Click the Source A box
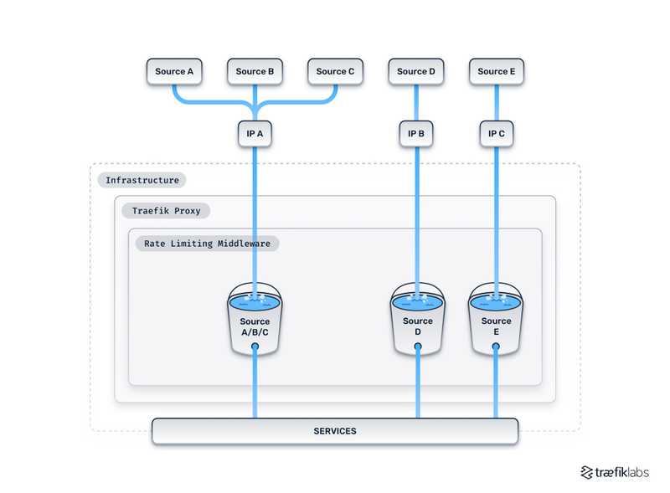(x=174, y=72)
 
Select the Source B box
(x=255, y=72)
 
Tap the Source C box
(x=335, y=72)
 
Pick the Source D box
(x=416, y=72)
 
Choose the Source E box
(x=497, y=72)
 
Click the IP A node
(x=255, y=133)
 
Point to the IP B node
(x=416, y=133)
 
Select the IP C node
(x=497, y=133)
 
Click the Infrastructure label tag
(x=142, y=180)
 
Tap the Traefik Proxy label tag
(x=166, y=211)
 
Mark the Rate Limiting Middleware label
(x=206, y=244)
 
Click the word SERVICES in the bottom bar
(x=335, y=431)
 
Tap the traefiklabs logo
(x=614, y=472)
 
